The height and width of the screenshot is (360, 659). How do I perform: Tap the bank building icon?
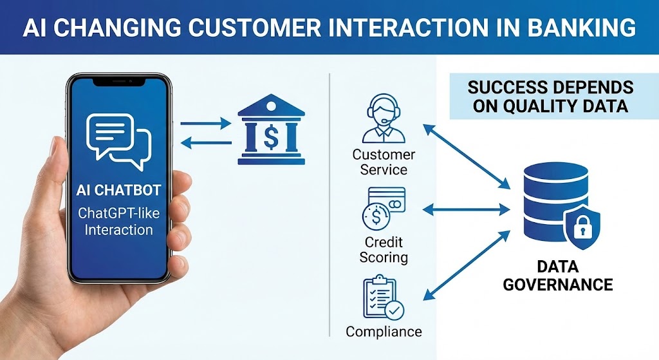pyautogui.click(x=271, y=131)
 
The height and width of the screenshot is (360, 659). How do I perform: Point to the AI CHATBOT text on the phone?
pyautogui.click(x=118, y=192)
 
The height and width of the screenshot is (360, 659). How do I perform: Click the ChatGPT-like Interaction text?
pyautogui.click(x=118, y=221)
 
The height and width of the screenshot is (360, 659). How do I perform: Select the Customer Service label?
pyautogui.click(x=384, y=162)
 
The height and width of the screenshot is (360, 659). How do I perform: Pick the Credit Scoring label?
pyautogui.click(x=384, y=249)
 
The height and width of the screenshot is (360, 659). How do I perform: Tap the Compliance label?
pyautogui.click(x=384, y=332)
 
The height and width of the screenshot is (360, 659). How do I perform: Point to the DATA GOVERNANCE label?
pyautogui.click(x=557, y=275)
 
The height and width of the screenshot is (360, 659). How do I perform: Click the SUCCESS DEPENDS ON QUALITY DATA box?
pyautogui.click(x=550, y=97)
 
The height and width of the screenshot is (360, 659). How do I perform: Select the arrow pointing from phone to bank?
pyautogui.click(x=207, y=122)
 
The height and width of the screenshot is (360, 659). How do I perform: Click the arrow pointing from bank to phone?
pyautogui.click(x=207, y=143)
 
